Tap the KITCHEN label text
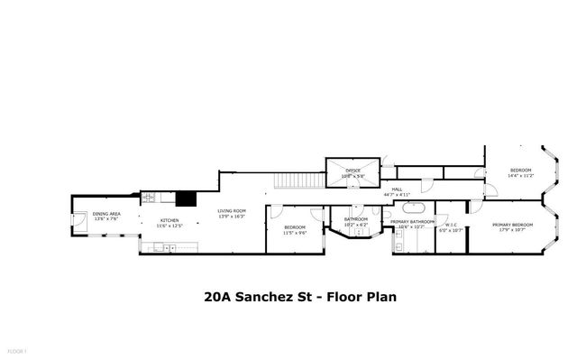pyautogui.click(x=169, y=220)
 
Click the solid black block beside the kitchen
pyautogui.click(x=187, y=200)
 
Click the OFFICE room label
pyautogui.click(x=353, y=170)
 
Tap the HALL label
pyautogui.click(x=397, y=189)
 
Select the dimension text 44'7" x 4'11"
pyautogui.click(x=397, y=194)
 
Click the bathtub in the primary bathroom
pyautogui.click(x=398, y=241)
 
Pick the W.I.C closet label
pyautogui.click(x=449, y=226)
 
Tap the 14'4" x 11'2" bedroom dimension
pyautogui.click(x=522, y=175)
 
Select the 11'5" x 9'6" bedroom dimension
pyautogui.click(x=295, y=232)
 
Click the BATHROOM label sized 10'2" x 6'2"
pyautogui.click(x=355, y=219)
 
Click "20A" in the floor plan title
pyautogui.click(x=216, y=295)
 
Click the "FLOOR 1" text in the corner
pyautogui.click(x=15, y=349)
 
